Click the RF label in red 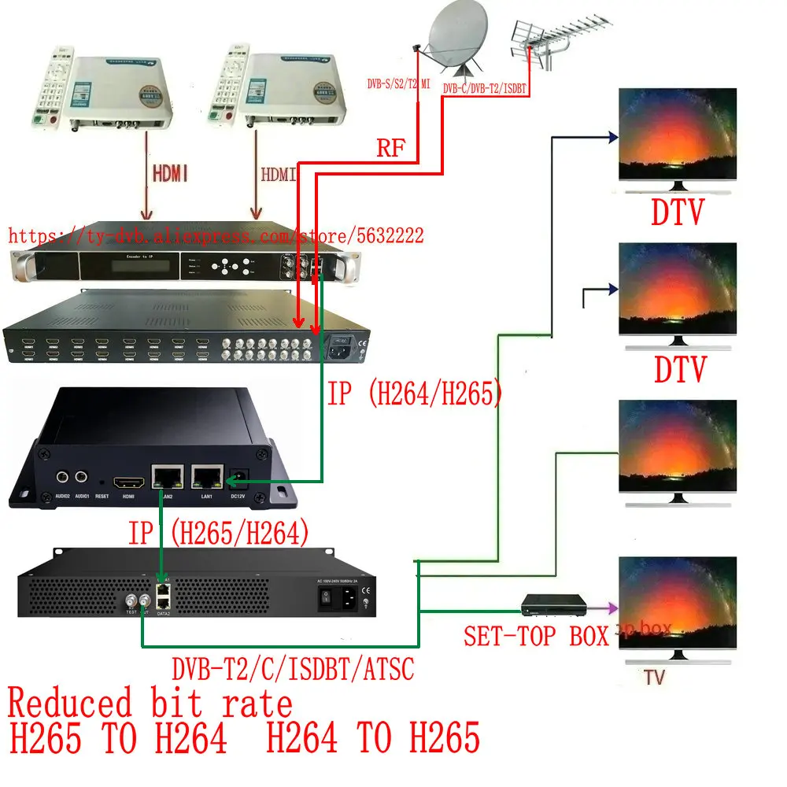tap(391, 150)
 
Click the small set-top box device tap(555, 605)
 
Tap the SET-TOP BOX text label tap(535, 635)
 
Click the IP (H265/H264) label tap(217, 534)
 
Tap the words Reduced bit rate tap(150, 701)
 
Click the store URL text tap(216, 235)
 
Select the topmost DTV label tap(678, 212)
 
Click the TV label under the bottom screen tap(654, 676)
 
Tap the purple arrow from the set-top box tap(603, 607)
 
